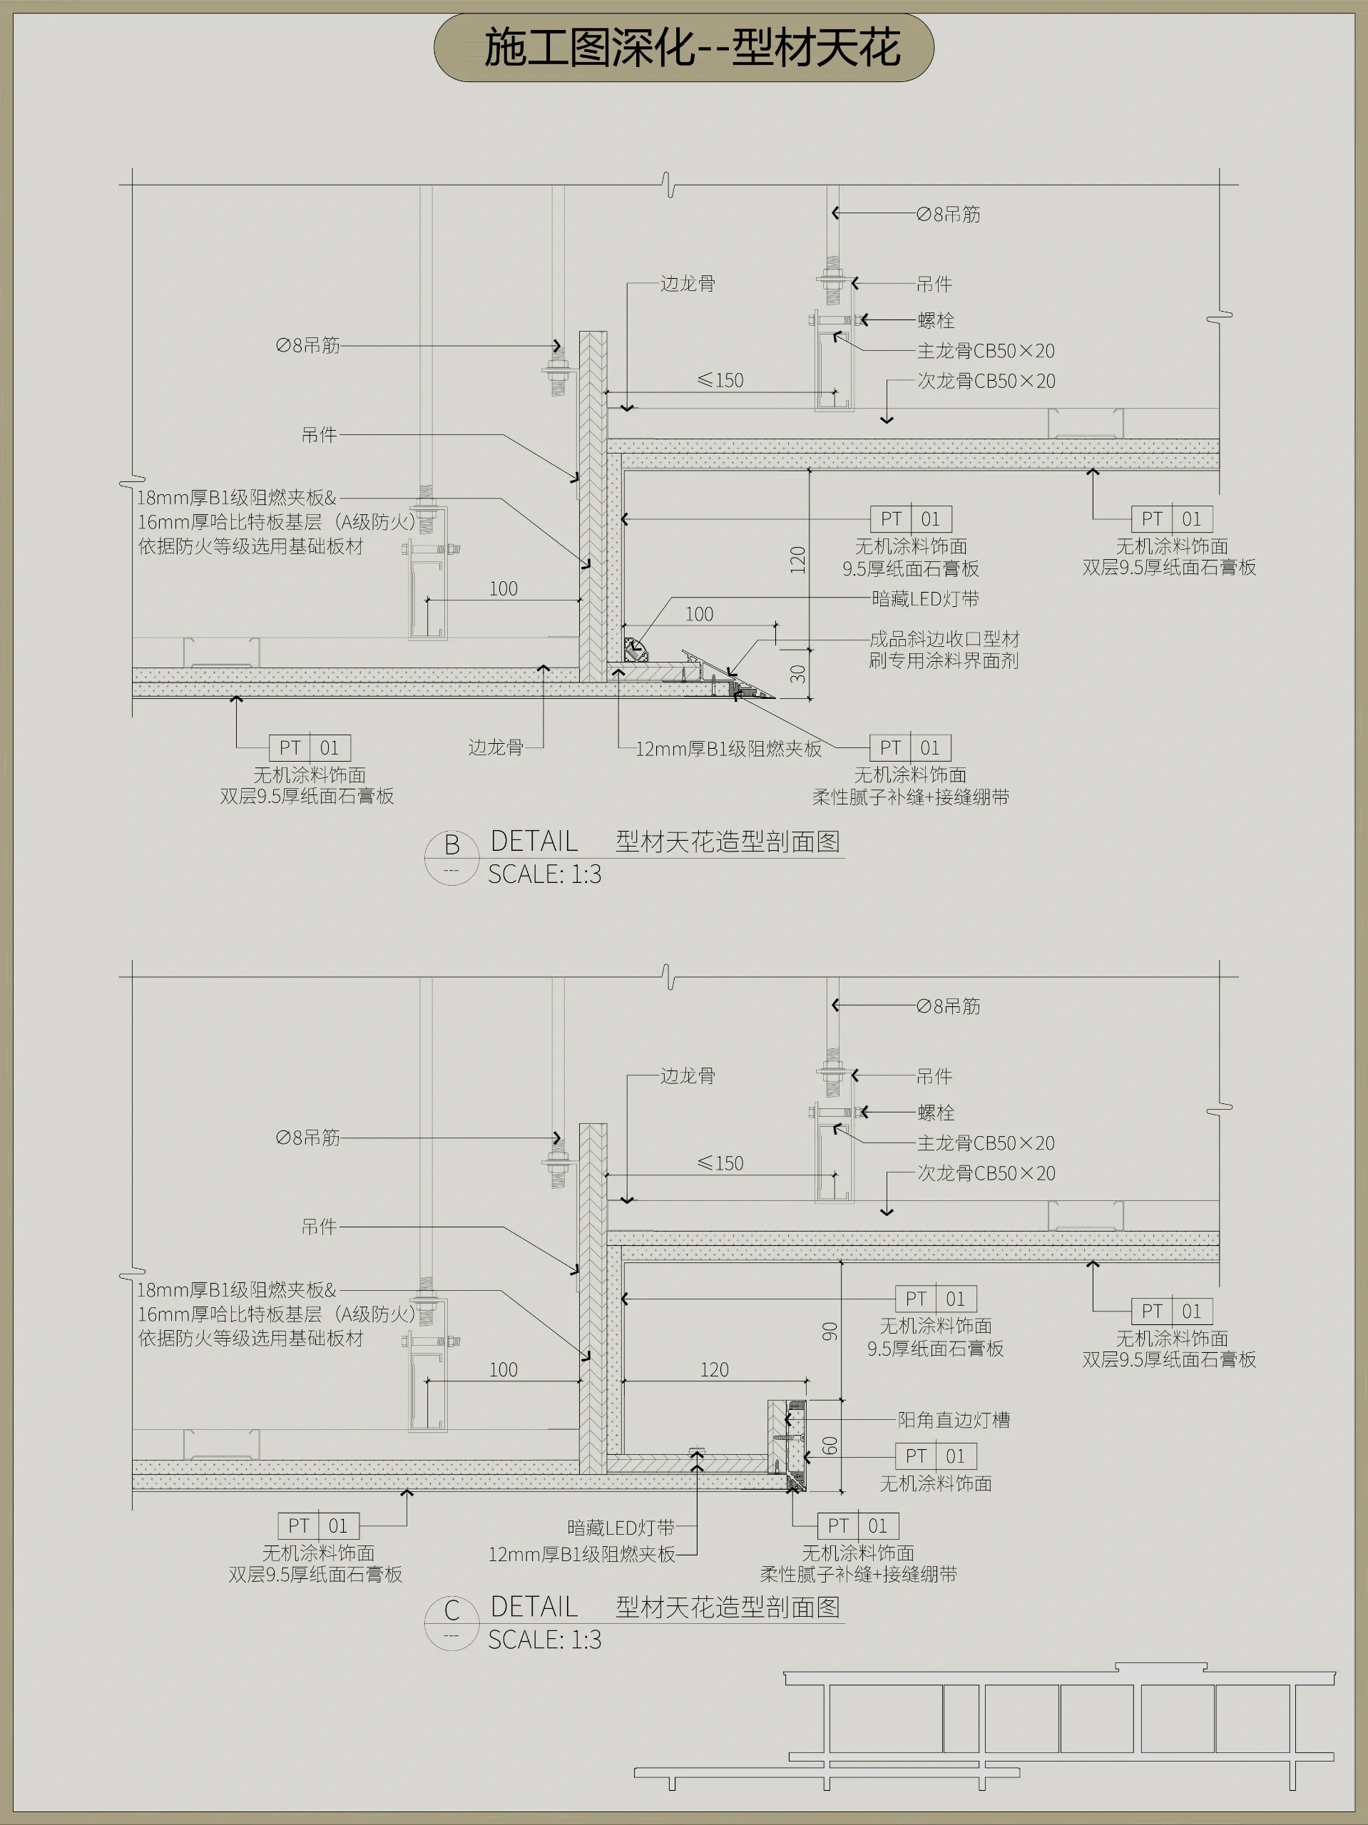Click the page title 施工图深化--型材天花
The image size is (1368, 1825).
[x=691, y=48]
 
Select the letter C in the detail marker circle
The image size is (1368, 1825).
[x=451, y=1610]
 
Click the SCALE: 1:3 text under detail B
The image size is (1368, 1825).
[x=544, y=874]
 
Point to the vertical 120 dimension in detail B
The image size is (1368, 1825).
[x=797, y=559]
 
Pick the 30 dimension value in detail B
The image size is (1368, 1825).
[x=797, y=674]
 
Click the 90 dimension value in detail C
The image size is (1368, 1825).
[x=830, y=1331]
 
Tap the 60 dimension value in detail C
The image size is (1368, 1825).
[x=830, y=1446]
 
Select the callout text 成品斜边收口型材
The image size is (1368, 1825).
[x=944, y=638]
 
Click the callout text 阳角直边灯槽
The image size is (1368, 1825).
[x=954, y=1420]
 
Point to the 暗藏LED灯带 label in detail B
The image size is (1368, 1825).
[x=925, y=599]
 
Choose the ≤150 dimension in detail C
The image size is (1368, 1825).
[x=720, y=1163]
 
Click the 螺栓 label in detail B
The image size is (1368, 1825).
[x=936, y=320]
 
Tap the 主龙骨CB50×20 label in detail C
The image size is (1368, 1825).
[x=986, y=1142]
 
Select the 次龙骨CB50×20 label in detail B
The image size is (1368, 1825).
[x=986, y=381]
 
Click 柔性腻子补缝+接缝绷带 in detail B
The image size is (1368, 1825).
[x=910, y=797]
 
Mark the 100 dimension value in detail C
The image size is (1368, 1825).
[x=504, y=1369]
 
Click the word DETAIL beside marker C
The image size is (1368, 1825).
[x=534, y=1606]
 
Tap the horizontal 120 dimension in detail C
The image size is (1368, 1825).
[x=715, y=1369]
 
